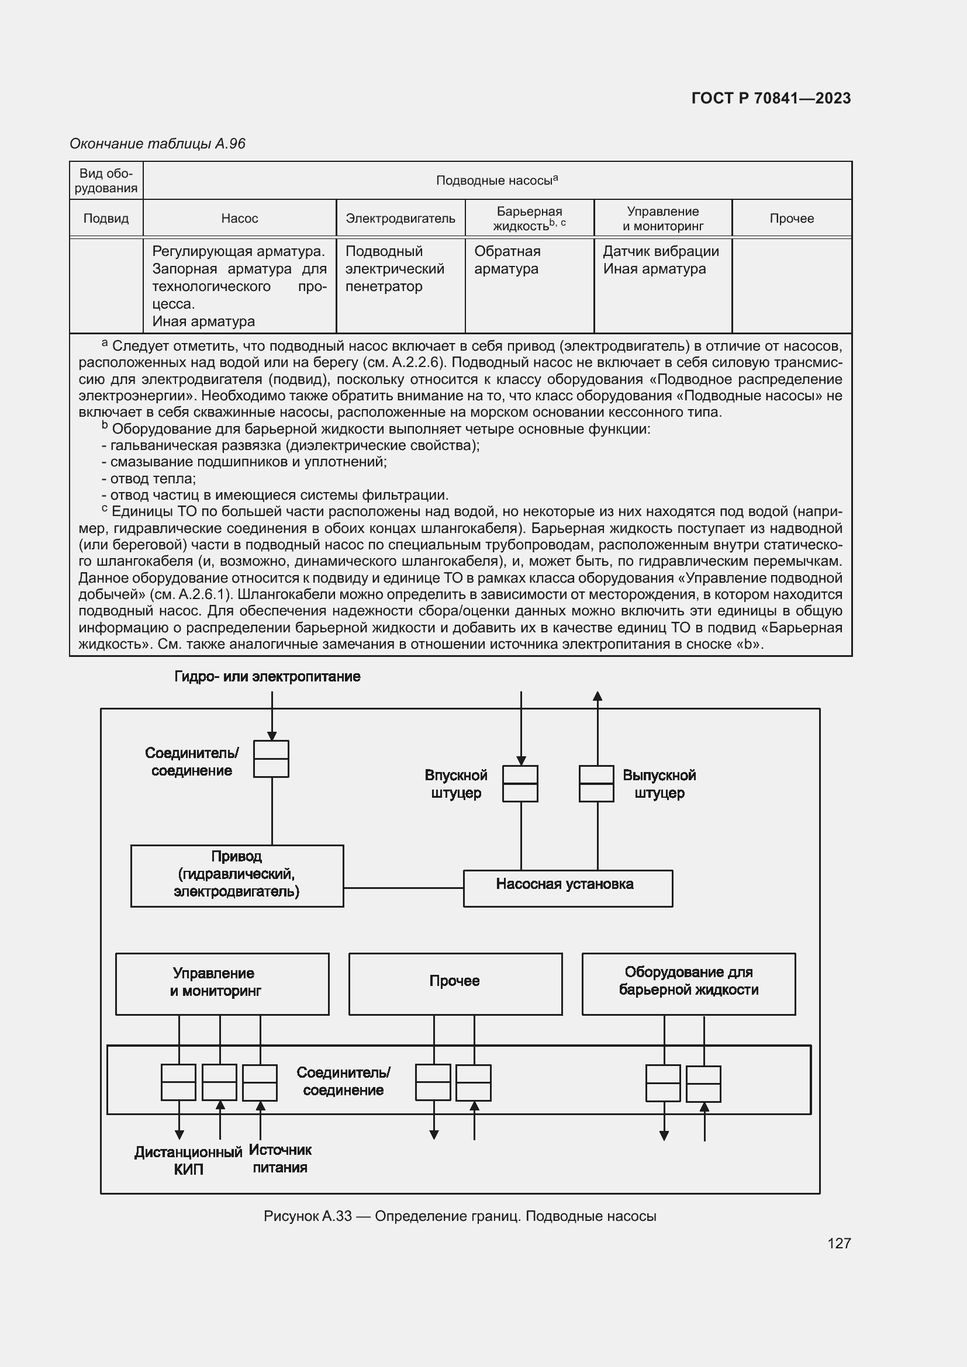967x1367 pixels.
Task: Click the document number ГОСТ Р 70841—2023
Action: pyautogui.click(x=771, y=98)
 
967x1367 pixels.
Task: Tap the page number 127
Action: pyautogui.click(x=838, y=1243)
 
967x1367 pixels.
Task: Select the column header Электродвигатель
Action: pyautogui.click(x=400, y=219)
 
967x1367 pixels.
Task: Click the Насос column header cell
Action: pyautogui.click(x=239, y=219)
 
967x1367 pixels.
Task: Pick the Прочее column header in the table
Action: pyautogui.click(x=792, y=219)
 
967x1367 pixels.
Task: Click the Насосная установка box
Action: pyautogui.click(x=568, y=888)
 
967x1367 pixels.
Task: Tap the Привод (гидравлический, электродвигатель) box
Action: pyautogui.click(x=236, y=875)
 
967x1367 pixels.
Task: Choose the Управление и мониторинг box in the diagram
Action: pyautogui.click(x=222, y=984)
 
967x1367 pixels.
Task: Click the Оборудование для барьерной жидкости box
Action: pyautogui.click(x=688, y=984)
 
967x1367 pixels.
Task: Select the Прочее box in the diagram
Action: pyautogui.click(x=455, y=984)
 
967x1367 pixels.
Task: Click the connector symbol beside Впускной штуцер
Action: pyautogui.click(x=520, y=784)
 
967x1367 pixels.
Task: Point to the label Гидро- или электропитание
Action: pyautogui.click(x=267, y=676)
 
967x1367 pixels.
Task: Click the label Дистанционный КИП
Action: pyautogui.click(x=188, y=1161)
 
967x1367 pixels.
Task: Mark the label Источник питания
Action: pyautogui.click(x=280, y=1158)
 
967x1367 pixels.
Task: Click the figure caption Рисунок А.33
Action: pyautogui.click(x=460, y=1216)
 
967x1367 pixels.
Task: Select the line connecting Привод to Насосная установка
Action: pyautogui.click(x=403, y=888)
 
